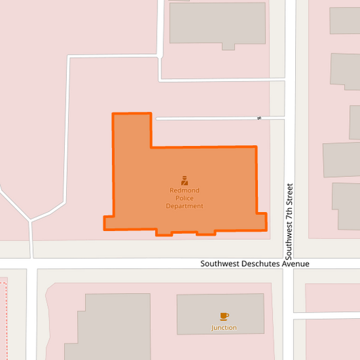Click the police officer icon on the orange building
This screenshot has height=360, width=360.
184,180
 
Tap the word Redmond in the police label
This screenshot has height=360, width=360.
184,191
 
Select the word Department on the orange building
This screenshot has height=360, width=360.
184,206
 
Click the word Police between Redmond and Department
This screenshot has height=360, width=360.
184,199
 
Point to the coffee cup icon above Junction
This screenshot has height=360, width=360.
224,316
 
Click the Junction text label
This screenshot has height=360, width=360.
224,328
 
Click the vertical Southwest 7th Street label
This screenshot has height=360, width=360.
289,221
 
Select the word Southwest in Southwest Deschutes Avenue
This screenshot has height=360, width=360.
219,263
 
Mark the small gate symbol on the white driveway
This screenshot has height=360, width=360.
259,118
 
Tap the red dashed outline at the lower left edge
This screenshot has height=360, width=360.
5,317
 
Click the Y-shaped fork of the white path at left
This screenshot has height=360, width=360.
30,220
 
